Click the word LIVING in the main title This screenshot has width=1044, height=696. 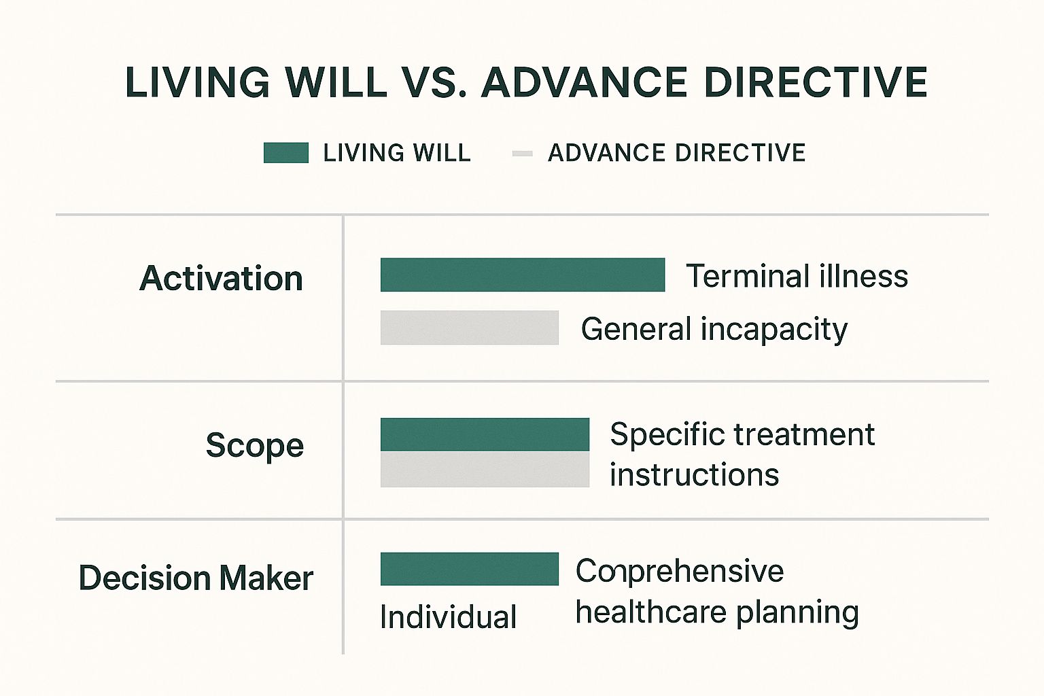click(198, 82)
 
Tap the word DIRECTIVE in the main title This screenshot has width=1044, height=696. click(816, 82)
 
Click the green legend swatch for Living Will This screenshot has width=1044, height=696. click(286, 153)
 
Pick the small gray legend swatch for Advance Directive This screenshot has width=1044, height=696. click(522, 154)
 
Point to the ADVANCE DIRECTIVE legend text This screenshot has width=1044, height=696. click(677, 153)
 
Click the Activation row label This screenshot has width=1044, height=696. click(222, 278)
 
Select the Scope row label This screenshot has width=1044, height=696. click(255, 446)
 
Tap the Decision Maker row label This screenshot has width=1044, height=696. click(196, 578)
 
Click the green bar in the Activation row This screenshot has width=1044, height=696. click(523, 275)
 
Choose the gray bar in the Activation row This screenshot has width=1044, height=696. click(470, 328)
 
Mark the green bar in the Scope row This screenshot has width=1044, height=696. click(485, 434)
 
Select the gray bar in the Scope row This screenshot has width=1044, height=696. click(485, 470)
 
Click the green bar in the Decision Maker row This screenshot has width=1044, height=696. click(470, 569)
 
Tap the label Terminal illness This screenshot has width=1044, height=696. click(797, 275)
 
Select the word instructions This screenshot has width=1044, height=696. click(695, 474)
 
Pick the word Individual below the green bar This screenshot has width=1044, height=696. click(449, 616)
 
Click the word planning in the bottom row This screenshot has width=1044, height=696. click(797, 612)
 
